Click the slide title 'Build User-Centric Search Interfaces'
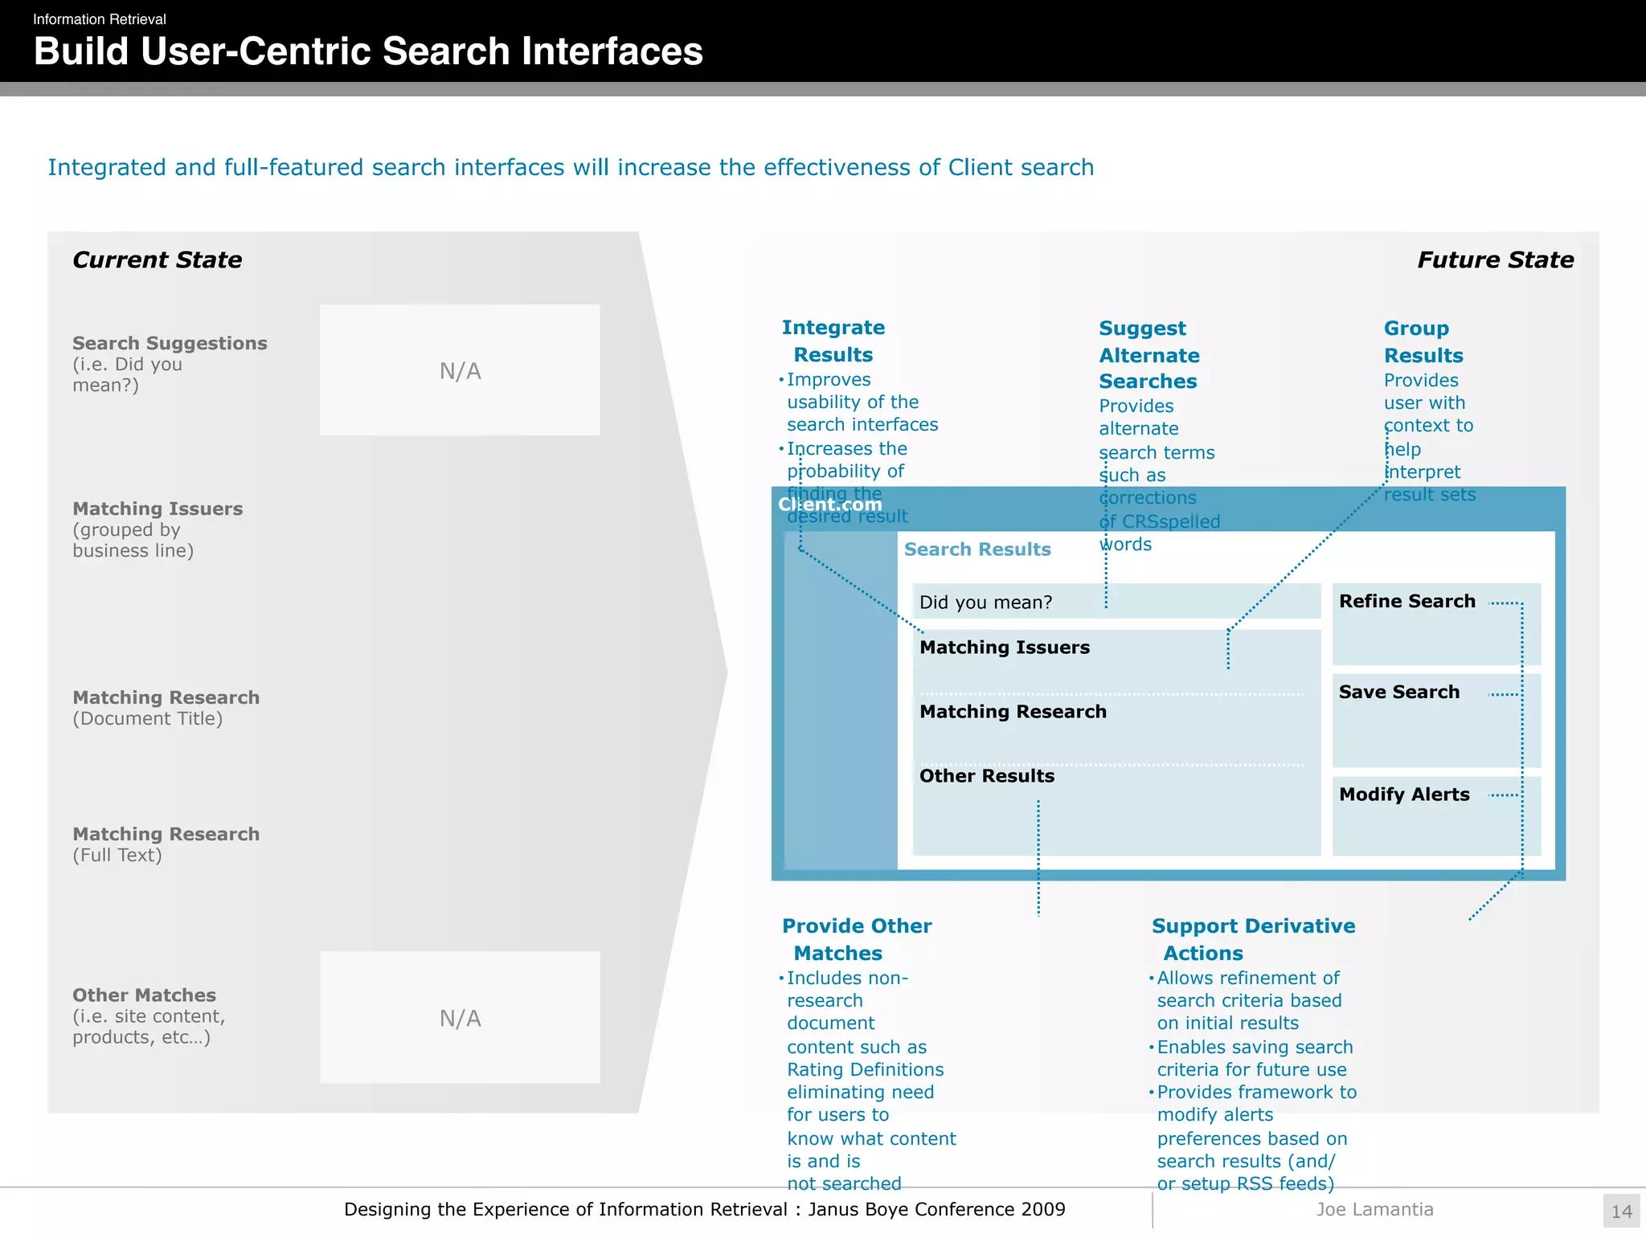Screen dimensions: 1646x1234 pyautogui.click(x=368, y=51)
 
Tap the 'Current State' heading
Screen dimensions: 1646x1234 pyautogui.click(x=157, y=259)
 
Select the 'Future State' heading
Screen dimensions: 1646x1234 pyautogui.click(x=1495, y=259)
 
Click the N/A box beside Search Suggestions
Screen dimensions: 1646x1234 pyautogui.click(x=460, y=370)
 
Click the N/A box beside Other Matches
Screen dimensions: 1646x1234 pyautogui.click(x=460, y=1018)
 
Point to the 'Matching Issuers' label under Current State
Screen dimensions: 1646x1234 pyautogui.click(x=158, y=509)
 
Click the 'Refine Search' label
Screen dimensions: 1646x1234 pyautogui.click(x=1406, y=601)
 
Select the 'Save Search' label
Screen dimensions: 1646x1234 pyautogui.click(x=1398, y=692)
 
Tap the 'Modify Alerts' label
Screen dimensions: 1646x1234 pyautogui.click(x=1404, y=794)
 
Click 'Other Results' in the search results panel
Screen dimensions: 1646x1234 pyautogui.click(x=986, y=775)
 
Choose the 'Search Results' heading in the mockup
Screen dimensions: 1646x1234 pyautogui.click(x=977, y=549)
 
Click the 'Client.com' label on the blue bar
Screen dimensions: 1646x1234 pyautogui.click(x=829, y=505)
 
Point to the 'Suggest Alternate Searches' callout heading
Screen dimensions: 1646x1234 pyautogui.click(x=1149, y=354)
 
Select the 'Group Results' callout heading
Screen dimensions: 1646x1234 pyautogui.click(x=1423, y=341)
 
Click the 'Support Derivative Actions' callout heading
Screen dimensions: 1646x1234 pyautogui.click(x=1253, y=939)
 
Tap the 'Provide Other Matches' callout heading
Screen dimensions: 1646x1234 pyautogui.click(x=856, y=939)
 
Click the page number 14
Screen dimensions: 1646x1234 pyautogui.click(x=1621, y=1211)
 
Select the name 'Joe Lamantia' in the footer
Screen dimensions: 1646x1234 pyautogui.click(x=1374, y=1209)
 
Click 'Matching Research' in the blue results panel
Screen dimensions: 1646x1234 pyautogui.click(x=1013, y=711)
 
